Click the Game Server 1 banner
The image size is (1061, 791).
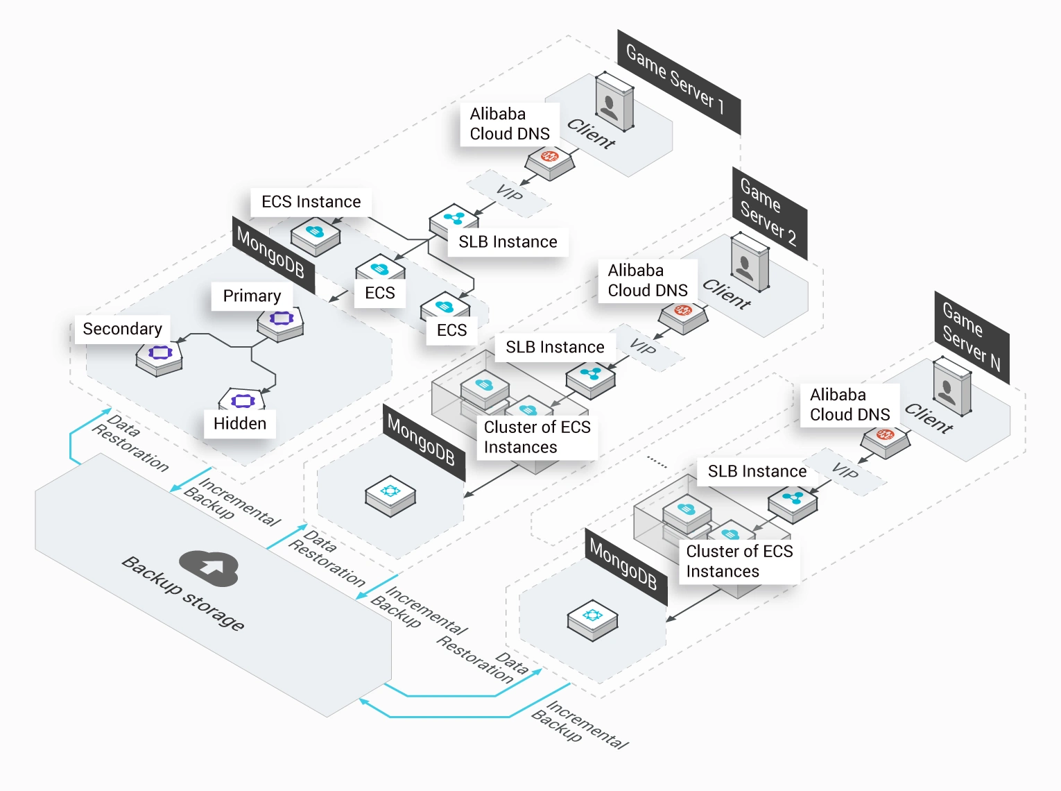coord(679,81)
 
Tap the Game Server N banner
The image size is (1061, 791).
coord(972,337)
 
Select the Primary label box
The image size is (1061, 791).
coord(252,296)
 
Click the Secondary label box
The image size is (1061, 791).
coord(123,329)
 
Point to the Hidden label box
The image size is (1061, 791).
coord(240,423)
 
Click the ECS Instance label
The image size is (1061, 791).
coord(311,202)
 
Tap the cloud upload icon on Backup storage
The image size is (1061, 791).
coord(209,568)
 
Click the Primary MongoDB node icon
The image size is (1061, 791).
coord(280,323)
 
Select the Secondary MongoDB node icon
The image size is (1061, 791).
coord(159,358)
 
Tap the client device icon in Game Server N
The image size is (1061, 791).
coord(952,386)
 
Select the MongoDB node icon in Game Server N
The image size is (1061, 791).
coord(593,620)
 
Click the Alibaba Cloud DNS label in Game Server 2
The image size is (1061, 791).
coord(648,280)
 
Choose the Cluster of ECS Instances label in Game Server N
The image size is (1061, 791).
coord(739,561)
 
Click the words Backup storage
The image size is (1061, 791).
coord(183,594)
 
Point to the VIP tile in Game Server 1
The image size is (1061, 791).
coord(509,193)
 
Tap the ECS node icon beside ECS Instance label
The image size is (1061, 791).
coord(316,236)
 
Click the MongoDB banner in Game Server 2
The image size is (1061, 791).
coord(424,442)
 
